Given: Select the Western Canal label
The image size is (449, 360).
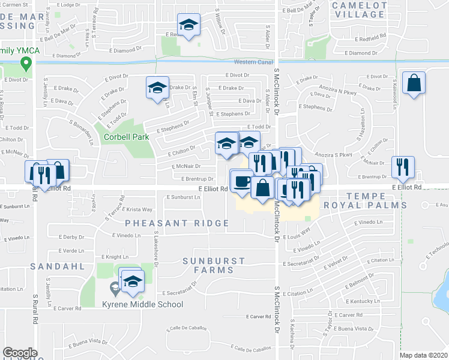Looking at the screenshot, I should click(253, 62).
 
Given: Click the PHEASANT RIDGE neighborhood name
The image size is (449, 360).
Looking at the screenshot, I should click(177, 223).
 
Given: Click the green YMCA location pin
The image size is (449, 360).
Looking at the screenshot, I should click(26, 62).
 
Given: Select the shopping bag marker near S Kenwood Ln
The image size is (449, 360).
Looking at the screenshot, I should click(414, 83).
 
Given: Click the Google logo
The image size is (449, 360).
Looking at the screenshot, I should click(20, 353).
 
